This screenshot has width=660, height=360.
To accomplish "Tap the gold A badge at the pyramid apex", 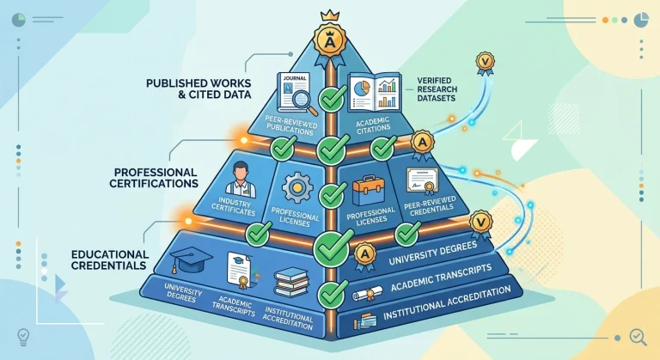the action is coord(330,41).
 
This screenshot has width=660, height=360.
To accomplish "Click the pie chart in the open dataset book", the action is coord(361,88).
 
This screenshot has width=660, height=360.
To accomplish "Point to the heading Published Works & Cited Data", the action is coord(199,88).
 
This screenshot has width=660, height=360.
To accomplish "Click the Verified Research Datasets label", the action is coord(437,88).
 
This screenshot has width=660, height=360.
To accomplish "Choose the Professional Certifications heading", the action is coord(154,178).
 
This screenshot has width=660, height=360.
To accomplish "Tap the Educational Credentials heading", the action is coord(110,259).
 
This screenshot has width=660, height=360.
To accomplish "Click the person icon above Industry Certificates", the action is coord(241,180).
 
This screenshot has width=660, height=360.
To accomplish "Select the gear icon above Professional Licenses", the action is coord(297,188).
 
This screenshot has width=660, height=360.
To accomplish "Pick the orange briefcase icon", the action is coord(369,191).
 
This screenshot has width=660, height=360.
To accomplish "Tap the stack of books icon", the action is coord(291,282).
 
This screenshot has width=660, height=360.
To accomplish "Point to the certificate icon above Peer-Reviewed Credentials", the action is coord(423,181).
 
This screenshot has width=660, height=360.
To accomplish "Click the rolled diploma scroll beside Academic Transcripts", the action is coord(367,294).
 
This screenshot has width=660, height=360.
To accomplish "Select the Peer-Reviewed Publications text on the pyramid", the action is coord(290,125).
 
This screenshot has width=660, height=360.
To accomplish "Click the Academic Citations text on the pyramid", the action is coord(373,125).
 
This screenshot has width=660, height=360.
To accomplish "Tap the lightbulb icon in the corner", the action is coord(22,337).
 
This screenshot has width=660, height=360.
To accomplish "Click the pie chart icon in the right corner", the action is coord(641,20).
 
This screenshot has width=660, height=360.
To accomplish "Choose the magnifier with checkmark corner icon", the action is coord(638,337).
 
